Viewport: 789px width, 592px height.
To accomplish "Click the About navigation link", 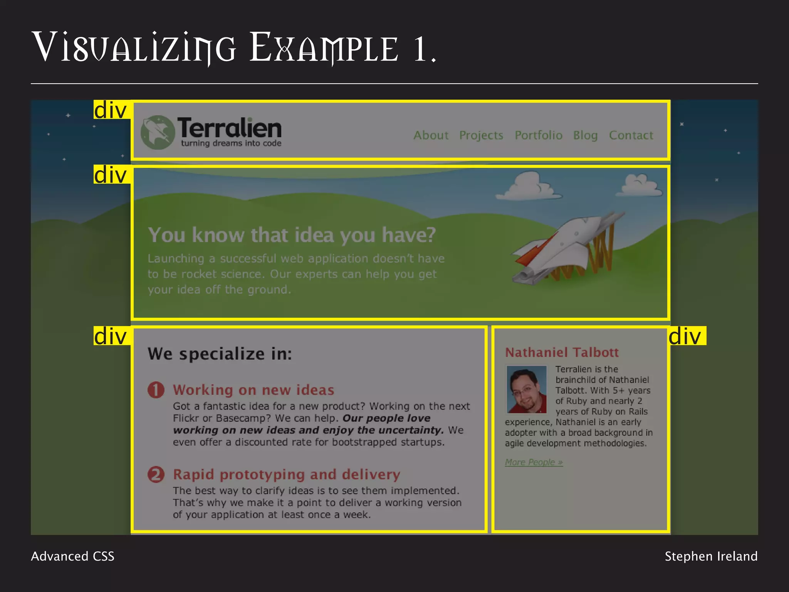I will coord(431,135).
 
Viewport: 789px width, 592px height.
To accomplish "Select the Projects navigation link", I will coord(481,135).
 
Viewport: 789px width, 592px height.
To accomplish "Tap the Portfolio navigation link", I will coord(538,135).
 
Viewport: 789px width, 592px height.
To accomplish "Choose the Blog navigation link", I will coord(585,135).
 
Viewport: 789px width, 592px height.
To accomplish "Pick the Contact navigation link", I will coord(631,135).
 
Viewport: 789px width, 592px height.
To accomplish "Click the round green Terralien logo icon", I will coord(158,132).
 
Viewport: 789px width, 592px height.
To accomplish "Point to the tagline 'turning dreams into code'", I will coord(231,143).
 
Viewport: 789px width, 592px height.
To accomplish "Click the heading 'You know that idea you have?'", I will coord(292,235).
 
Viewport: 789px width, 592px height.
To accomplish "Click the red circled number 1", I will coord(156,390).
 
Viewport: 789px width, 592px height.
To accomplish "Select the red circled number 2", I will coord(156,474).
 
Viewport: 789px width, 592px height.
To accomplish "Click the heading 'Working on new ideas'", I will coord(253,390).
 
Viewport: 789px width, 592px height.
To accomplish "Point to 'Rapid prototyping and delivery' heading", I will coord(287,474).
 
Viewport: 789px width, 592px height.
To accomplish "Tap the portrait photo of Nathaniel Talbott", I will coord(526,389).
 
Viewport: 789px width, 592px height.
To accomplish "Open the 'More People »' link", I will coord(534,462).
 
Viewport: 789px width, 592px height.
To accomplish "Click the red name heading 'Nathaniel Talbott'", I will coord(562,352).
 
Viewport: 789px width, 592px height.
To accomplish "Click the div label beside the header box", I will coord(111,110).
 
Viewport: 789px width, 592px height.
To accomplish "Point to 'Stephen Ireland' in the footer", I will coord(711,556).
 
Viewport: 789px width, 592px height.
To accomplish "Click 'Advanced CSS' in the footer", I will coord(72,556).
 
